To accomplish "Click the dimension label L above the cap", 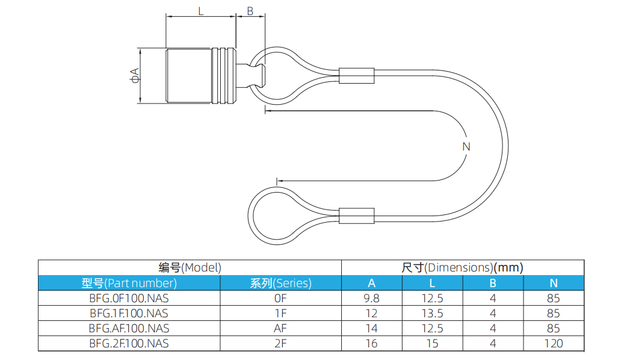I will (x=200, y=10).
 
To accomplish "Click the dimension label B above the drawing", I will (x=250, y=10).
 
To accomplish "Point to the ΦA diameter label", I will (x=134, y=75).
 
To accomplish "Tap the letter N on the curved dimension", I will (x=466, y=146).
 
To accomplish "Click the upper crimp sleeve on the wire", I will (x=357, y=76).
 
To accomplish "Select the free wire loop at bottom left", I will (x=271, y=216).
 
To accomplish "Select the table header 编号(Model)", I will (x=190, y=267).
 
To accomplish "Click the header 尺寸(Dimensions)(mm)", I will (x=462, y=267).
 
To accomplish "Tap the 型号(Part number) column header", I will (x=129, y=283).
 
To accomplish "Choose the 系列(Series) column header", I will (x=280, y=283).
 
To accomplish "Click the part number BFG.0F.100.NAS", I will (x=129, y=298).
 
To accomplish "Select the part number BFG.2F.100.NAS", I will (x=129, y=343).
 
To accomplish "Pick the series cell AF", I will (x=280, y=328).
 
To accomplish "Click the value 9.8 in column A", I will (x=371, y=298).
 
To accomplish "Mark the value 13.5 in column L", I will (x=432, y=313).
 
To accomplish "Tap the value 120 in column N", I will (x=553, y=343).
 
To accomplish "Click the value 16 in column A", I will (x=371, y=343).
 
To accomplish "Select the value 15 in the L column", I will (x=432, y=343).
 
